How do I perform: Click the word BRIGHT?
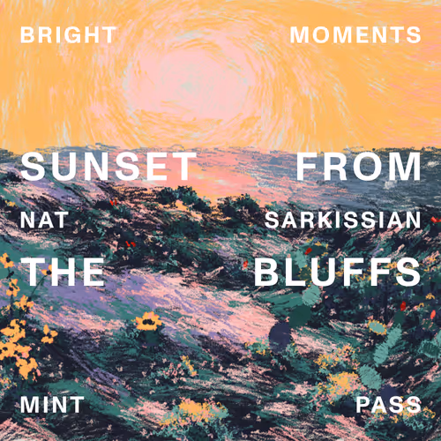[68, 35]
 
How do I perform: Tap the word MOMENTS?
[355, 35]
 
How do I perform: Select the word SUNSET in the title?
[108, 167]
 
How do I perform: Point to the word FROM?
[359, 167]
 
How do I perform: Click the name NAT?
[44, 220]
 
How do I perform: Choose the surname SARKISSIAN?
[343, 220]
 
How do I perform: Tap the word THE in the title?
[63, 272]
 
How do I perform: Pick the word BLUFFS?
[338, 272]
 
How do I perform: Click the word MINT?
[52, 405]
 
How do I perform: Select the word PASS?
[389, 405]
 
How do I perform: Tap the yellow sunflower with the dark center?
[149, 321]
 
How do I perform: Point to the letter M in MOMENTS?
[301, 35]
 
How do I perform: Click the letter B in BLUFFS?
[265, 272]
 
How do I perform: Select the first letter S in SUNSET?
[33, 167]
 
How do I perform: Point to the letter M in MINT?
[30, 405]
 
